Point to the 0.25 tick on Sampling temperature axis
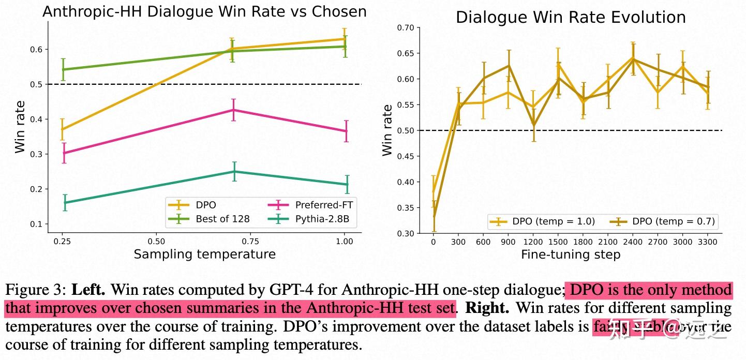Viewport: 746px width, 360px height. click(x=62, y=241)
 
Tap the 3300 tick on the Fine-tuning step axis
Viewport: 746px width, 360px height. click(x=708, y=242)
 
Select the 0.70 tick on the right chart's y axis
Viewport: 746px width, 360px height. click(x=406, y=27)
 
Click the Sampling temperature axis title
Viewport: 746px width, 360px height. click(x=204, y=254)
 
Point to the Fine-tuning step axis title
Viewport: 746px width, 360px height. click(x=570, y=254)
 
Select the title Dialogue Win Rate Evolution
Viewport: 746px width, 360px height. click(x=570, y=17)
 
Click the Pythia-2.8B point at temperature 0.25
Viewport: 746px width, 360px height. click(x=65, y=202)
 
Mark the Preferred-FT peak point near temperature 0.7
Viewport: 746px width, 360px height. click(x=233, y=110)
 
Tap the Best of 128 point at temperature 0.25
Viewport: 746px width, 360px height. click(x=63, y=69)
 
